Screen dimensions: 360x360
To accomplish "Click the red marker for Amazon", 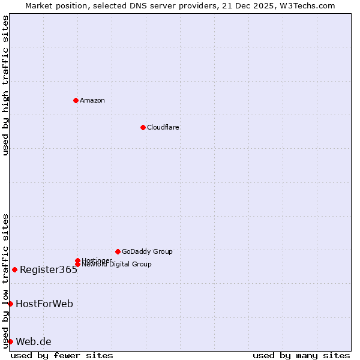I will [x=76, y=100].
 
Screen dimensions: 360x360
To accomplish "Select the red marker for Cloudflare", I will [x=143, y=127].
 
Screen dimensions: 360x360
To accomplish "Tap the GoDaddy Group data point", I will [x=118, y=251].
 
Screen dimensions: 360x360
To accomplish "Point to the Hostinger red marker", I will [x=77, y=260].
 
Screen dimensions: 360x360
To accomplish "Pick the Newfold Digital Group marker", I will [x=77, y=264].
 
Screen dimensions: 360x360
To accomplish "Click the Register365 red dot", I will [x=14, y=269].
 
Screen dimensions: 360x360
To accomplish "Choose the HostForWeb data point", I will [x=10, y=304].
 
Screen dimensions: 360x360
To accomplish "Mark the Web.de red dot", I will [x=10, y=341].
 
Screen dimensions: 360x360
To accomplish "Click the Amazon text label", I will [x=92, y=100].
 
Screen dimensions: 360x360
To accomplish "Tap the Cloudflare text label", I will [x=163, y=127].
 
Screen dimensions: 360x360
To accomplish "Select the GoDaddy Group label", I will [x=147, y=251].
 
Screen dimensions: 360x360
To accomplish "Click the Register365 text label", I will [x=49, y=269].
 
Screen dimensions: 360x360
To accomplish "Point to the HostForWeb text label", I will [x=44, y=304].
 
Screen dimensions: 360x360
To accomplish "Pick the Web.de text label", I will [x=34, y=341].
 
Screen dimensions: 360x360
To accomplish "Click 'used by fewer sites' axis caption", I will [x=62, y=355].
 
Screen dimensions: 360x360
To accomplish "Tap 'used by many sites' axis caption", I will [x=301, y=355].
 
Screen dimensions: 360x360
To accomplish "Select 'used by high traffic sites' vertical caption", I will [x=5, y=85].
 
